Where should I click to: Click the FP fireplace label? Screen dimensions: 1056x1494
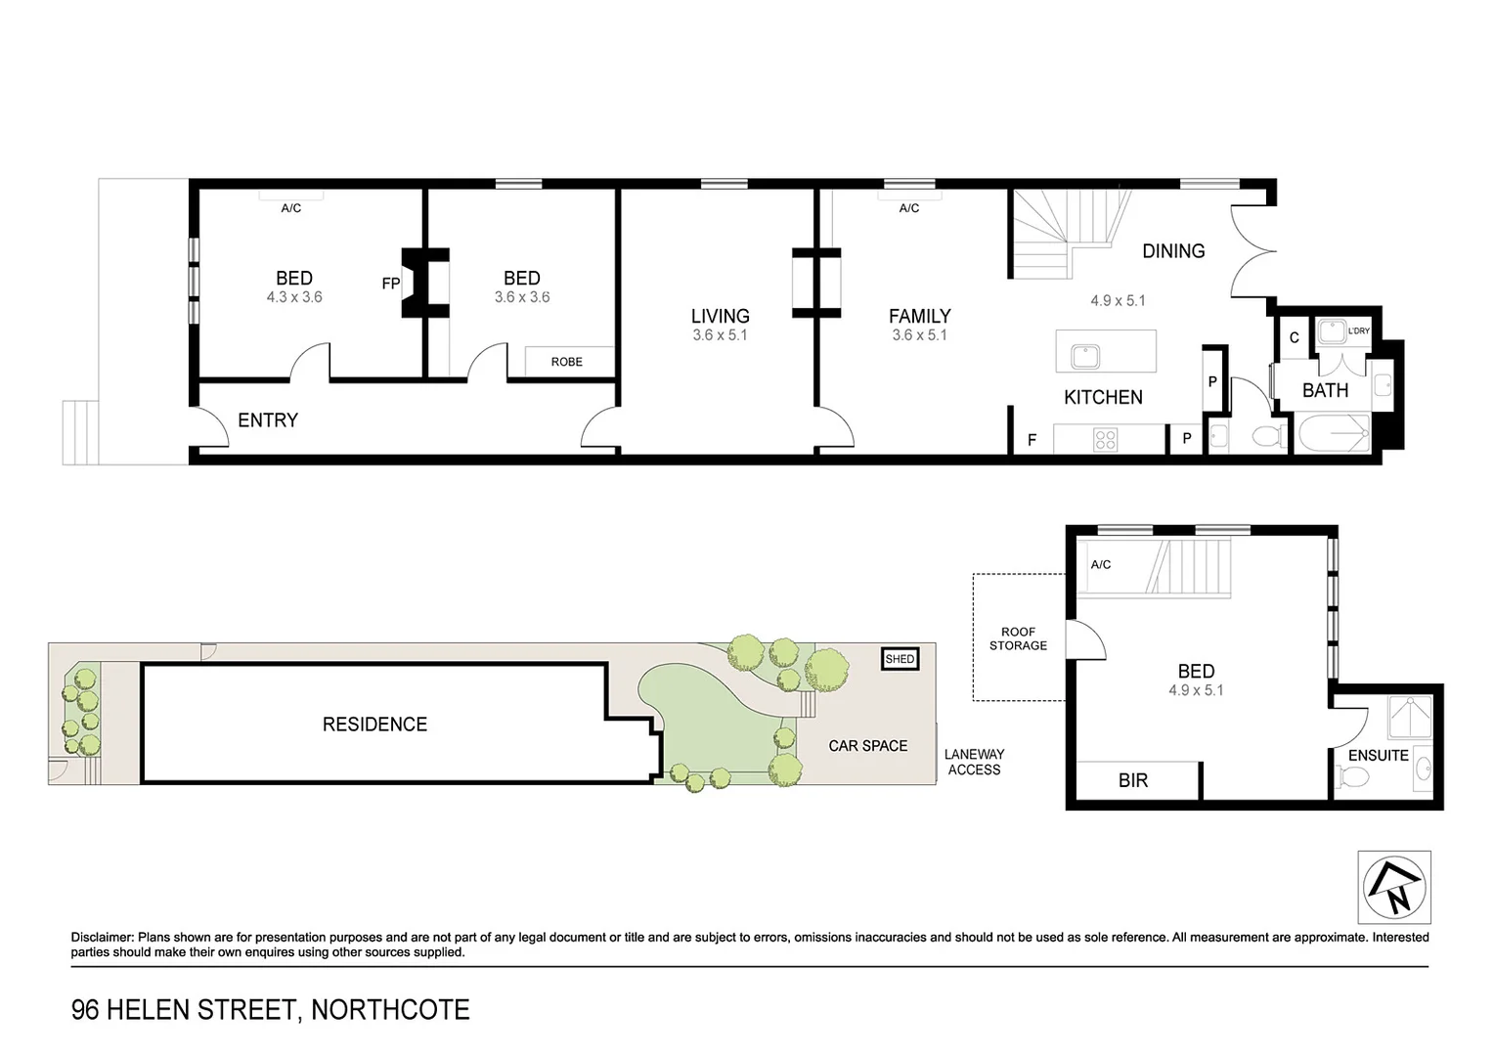click(390, 284)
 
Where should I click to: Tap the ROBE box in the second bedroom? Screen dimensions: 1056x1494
click(566, 362)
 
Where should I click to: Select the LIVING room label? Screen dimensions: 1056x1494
click(720, 316)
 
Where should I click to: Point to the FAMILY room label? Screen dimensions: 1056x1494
click(919, 316)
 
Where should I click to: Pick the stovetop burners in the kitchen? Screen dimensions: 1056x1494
click(1105, 440)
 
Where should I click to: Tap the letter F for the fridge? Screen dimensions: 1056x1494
click(1032, 441)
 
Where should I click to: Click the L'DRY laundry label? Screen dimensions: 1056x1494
click(1358, 331)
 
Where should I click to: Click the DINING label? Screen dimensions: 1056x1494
click(1173, 251)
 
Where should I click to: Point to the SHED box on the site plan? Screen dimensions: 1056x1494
click(900, 659)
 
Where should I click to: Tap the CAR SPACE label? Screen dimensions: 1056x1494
click(867, 746)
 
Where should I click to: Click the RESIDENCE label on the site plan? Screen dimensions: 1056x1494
click(374, 725)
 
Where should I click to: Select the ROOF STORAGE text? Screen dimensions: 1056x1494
click(1018, 638)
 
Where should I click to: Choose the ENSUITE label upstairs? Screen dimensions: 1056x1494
click(1378, 756)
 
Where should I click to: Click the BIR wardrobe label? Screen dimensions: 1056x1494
click(1133, 780)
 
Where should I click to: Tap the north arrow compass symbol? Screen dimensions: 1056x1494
click(1393, 887)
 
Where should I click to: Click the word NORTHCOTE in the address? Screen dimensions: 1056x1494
click(390, 1009)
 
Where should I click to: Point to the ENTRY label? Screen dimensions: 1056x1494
click(268, 420)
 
